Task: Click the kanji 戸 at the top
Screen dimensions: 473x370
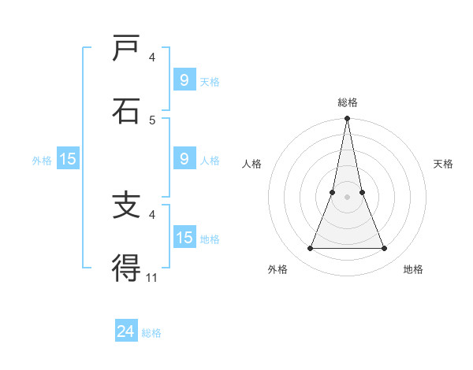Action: [x=127, y=49]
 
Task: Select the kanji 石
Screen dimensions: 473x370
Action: [x=127, y=111]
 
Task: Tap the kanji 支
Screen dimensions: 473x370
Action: [x=127, y=205]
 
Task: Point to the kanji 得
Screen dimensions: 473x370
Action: [x=127, y=268]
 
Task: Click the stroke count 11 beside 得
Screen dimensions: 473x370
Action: [x=152, y=277]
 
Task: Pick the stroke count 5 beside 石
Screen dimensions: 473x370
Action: [x=152, y=120]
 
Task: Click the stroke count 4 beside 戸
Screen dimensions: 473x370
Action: [x=152, y=57]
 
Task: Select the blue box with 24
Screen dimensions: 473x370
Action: [x=126, y=332]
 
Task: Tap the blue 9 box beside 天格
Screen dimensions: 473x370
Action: [x=184, y=80]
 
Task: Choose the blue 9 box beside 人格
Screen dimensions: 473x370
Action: [x=184, y=159]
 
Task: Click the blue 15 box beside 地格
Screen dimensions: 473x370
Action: [x=184, y=238]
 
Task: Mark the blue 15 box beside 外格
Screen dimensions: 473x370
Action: [x=68, y=159]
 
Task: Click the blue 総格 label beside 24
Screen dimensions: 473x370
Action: [x=151, y=333]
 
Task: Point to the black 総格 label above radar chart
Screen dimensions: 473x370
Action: [x=347, y=102]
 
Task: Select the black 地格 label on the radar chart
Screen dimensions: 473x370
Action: [x=413, y=269]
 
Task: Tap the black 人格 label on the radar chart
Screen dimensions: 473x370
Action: [x=251, y=164]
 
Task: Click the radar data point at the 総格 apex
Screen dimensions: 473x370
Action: [x=347, y=119]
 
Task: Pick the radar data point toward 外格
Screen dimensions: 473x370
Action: [x=310, y=249]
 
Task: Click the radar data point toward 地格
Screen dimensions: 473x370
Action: [x=384, y=249]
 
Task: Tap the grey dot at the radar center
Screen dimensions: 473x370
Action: [x=347, y=197]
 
